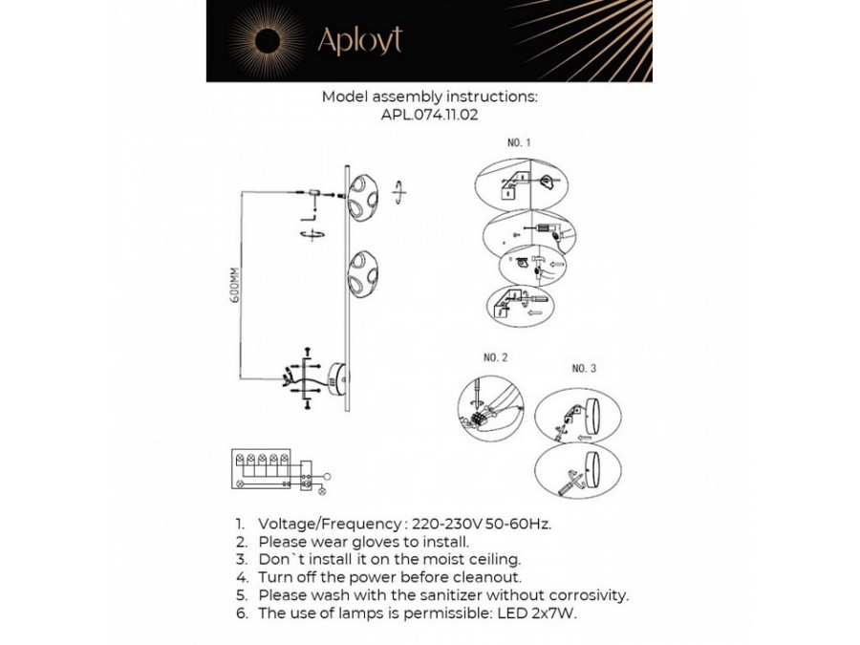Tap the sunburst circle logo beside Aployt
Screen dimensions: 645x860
coord(267,40)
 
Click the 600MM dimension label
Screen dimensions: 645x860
coord(232,283)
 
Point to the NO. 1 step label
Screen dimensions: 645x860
coord(519,142)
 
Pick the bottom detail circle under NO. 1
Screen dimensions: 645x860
coord(522,306)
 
